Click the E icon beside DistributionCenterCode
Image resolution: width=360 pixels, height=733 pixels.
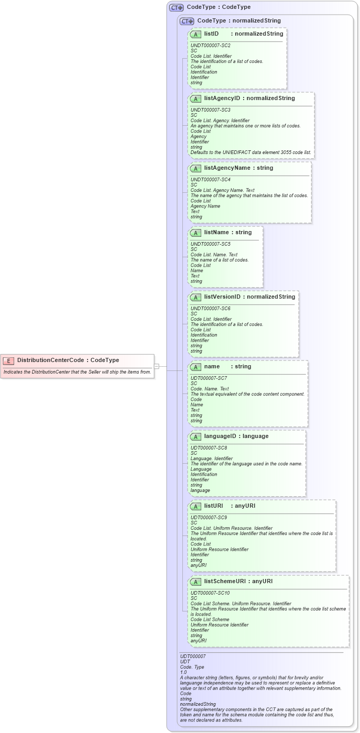[x=9, y=360]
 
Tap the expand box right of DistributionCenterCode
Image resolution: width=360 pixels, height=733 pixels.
[x=156, y=366]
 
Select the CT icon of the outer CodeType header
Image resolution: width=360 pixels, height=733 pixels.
[x=176, y=7]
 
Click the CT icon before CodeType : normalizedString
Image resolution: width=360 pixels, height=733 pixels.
[x=187, y=21]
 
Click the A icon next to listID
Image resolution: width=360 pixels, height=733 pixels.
[x=196, y=34]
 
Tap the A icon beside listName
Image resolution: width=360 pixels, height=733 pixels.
[x=196, y=233]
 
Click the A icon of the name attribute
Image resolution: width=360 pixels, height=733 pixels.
[x=196, y=367]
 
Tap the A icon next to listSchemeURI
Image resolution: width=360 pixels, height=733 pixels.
[x=196, y=582]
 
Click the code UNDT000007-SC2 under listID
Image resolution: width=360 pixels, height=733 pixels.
[x=210, y=46]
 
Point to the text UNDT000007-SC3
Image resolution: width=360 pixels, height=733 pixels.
[x=210, y=110]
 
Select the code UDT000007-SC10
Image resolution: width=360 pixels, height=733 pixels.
[x=210, y=593]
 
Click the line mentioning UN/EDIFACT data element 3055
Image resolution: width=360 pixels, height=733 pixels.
[x=250, y=152]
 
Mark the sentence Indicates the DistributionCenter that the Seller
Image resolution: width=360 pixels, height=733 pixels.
[x=77, y=371]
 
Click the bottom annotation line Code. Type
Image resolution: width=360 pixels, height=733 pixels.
[x=192, y=666]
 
